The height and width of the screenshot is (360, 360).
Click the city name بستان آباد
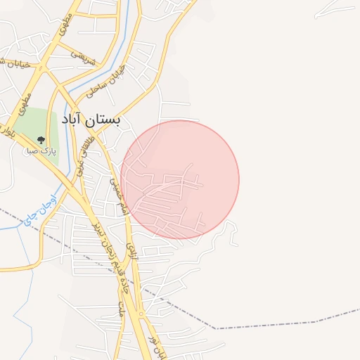coord(91,120)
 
